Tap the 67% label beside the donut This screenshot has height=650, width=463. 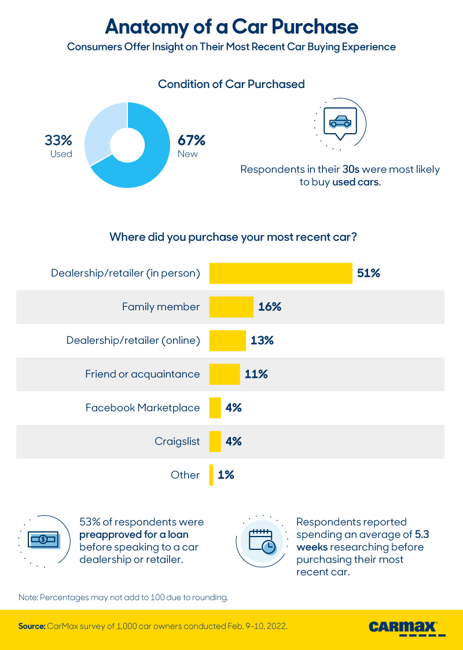point(192,140)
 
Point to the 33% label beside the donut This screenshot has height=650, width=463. point(58,140)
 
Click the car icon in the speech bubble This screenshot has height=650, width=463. point(340,122)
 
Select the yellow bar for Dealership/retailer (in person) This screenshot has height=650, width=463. point(281,273)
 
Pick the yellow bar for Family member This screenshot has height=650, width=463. point(231,307)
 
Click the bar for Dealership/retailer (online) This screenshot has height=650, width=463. point(227,340)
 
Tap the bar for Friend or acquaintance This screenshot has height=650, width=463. point(225,374)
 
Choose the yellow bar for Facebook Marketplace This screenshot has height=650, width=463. point(215,407)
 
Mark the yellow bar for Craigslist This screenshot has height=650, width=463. point(215,441)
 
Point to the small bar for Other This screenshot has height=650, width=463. point(211,475)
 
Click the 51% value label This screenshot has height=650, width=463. point(369,273)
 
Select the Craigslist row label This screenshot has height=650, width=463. point(177,441)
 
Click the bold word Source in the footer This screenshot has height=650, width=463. point(31,626)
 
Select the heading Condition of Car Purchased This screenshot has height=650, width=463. point(231,84)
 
